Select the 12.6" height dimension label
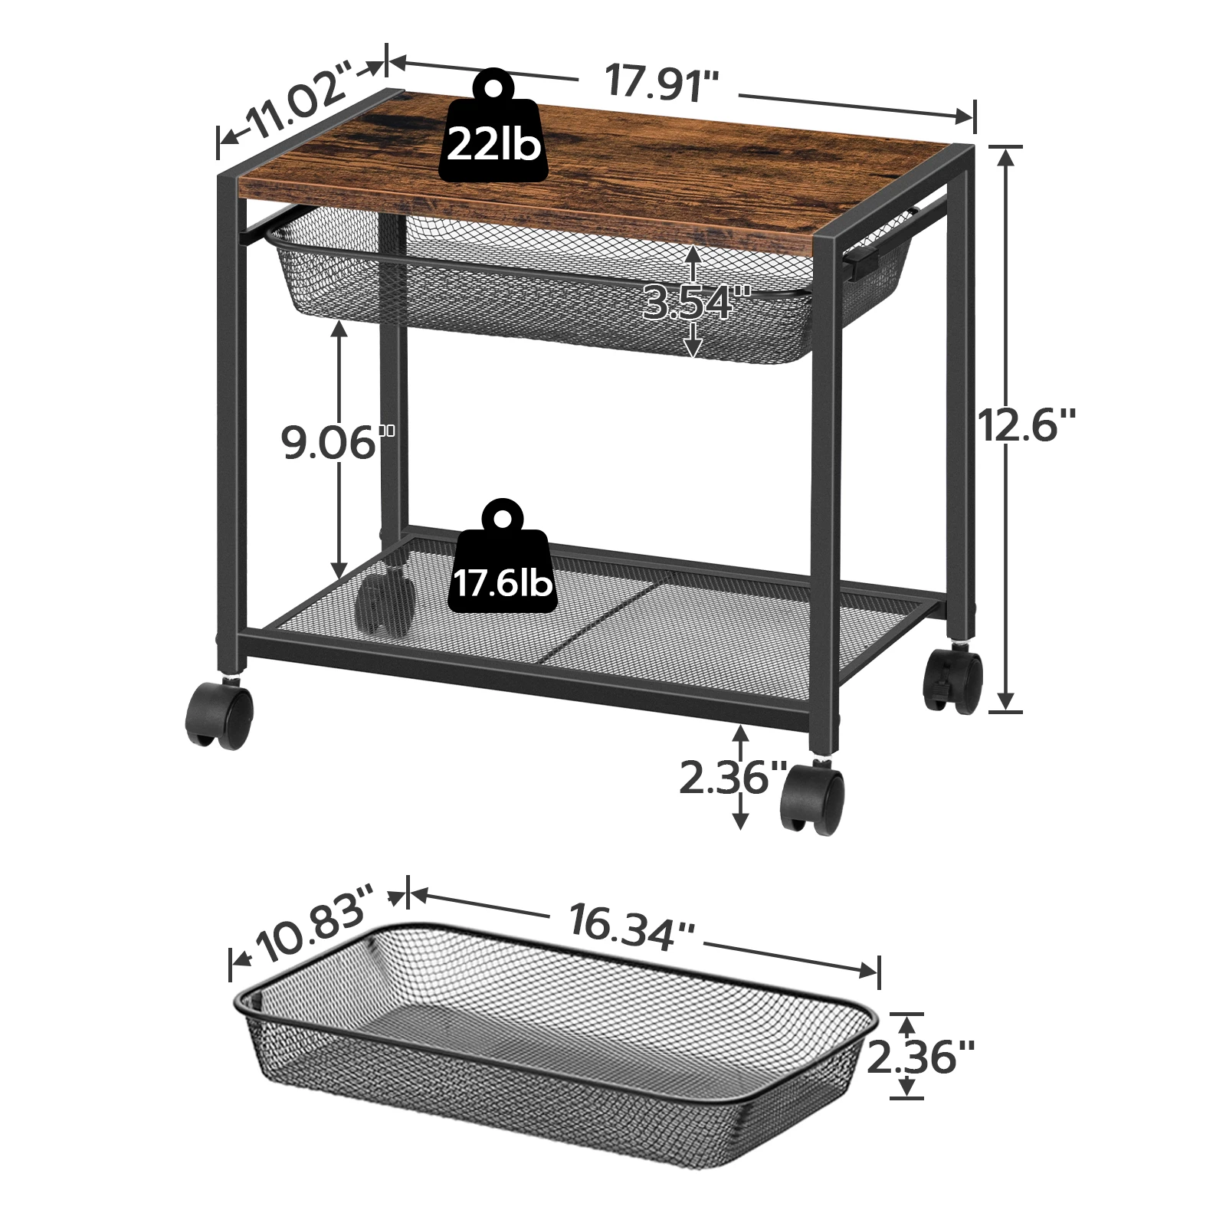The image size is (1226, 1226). click(1027, 425)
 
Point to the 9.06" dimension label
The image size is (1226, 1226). click(336, 442)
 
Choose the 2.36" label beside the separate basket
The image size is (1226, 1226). click(921, 1057)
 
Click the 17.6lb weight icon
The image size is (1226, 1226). click(502, 563)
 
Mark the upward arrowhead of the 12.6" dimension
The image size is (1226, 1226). click(1006, 157)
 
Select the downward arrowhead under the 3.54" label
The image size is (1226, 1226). click(693, 349)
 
